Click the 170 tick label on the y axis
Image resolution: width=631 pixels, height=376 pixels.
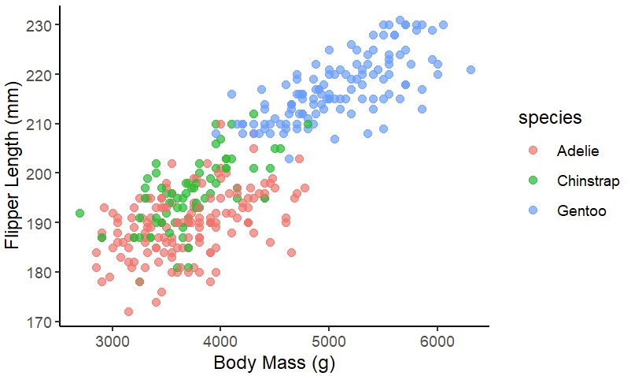[x=40, y=322]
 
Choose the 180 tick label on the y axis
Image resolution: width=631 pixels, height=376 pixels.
[x=40, y=272]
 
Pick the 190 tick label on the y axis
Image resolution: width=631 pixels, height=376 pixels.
[x=40, y=223]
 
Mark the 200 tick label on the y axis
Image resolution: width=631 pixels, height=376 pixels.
[x=40, y=173]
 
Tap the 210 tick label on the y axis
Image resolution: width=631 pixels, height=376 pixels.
[x=40, y=124]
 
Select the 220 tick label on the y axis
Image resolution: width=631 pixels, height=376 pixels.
[x=40, y=74]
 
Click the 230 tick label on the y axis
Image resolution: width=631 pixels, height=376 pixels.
[x=40, y=25]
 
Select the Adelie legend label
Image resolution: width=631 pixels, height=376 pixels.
[x=577, y=150]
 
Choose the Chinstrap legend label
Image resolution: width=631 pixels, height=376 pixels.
[x=588, y=181]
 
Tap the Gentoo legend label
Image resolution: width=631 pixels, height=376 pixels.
[x=579, y=212]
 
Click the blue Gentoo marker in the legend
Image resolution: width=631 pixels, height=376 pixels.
[x=533, y=212]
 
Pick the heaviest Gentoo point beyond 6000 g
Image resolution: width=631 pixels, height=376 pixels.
[x=470, y=69]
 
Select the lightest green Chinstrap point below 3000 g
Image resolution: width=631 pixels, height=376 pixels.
[x=80, y=213]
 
